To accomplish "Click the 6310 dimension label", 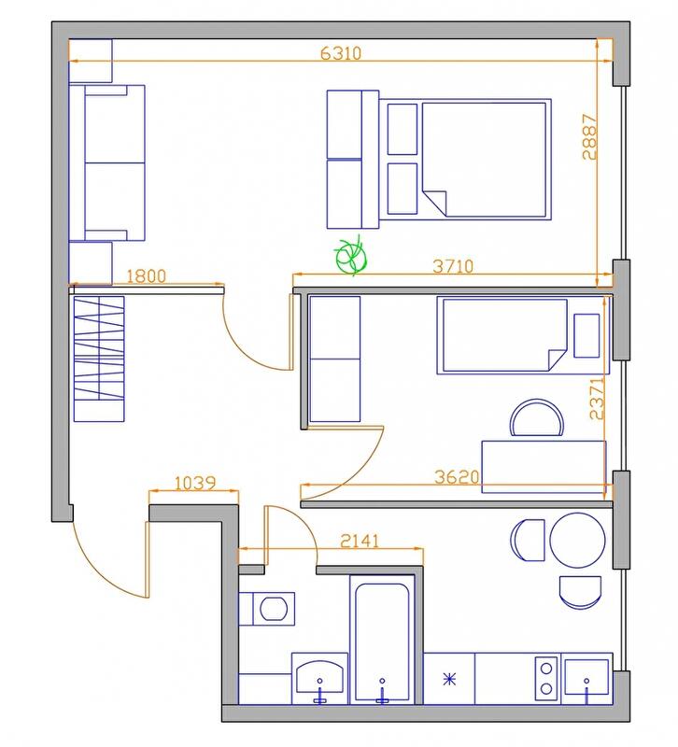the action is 341,53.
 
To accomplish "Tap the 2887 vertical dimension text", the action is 589,136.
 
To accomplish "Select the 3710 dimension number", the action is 453,266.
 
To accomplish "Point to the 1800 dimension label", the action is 146,276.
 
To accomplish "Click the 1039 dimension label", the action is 195,484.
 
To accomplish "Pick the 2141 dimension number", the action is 360,542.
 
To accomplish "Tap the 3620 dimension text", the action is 457,477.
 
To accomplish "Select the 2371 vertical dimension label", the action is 597,399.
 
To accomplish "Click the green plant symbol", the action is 351,256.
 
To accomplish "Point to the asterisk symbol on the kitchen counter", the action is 449,679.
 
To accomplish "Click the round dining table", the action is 577,541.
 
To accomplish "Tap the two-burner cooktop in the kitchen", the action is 546,679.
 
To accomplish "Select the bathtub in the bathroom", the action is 382,640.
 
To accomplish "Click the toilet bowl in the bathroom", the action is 273,609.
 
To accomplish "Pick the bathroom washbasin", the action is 319,676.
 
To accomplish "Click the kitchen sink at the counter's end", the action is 586,677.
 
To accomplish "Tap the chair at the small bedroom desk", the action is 536,417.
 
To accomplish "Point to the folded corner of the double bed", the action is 435,202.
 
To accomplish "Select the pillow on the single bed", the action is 586,335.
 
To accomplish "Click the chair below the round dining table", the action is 580,592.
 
